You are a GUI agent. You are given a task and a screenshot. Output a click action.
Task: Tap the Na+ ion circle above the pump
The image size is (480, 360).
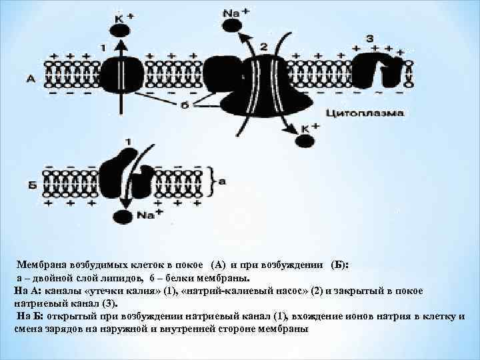(231, 25)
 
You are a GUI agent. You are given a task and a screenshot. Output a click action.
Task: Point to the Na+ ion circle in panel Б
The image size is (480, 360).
(122, 216)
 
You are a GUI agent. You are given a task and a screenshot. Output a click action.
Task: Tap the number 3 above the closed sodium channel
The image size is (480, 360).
(369, 38)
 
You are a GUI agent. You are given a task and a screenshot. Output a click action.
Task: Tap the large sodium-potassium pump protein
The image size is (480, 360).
(265, 83)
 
